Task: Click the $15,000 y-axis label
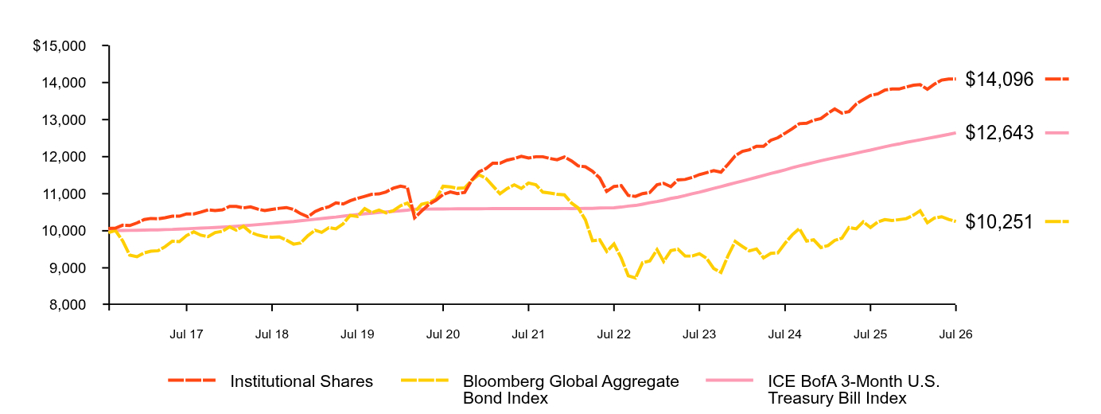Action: [x=60, y=45]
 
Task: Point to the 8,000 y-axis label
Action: [x=68, y=305]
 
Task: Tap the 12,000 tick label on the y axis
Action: [x=64, y=157]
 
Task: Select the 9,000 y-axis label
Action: [x=68, y=268]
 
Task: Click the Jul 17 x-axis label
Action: [x=186, y=334]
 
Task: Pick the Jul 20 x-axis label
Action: [x=443, y=334]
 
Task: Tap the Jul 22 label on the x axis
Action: [x=613, y=334]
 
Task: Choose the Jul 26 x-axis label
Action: [x=955, y=334]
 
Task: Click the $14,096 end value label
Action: [x=999, y=79]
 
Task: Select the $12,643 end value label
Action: [x=999, y=133]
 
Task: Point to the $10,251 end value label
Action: [x=999, y=222]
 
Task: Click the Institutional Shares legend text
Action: [x=302, y=381]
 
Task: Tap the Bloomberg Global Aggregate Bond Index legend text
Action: [x=570, y=389]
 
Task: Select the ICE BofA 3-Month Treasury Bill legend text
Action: [x=854, y=389]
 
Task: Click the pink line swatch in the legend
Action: [x=729, y=381]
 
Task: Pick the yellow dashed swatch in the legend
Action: [x=425, y=381]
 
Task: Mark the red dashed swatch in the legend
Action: [x=192, y=381]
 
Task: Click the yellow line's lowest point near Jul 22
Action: [x=636, y=279]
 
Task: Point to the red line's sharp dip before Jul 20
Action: [x=415, y=218]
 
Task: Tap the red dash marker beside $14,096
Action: [x=1056, y=79]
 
